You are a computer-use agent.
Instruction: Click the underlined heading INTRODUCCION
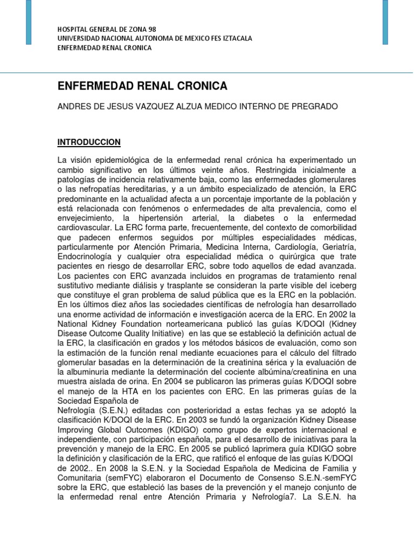pos(89,142)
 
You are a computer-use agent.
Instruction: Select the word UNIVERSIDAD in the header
pos(78,38)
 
